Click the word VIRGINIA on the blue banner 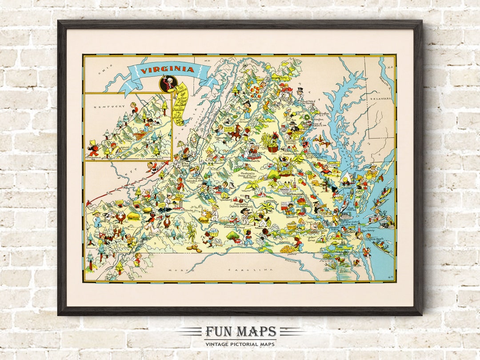168,70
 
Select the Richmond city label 295,194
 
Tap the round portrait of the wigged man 168,83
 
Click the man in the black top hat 300,92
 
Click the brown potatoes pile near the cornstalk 194,247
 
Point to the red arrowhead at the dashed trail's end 88,204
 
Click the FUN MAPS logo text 240,332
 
